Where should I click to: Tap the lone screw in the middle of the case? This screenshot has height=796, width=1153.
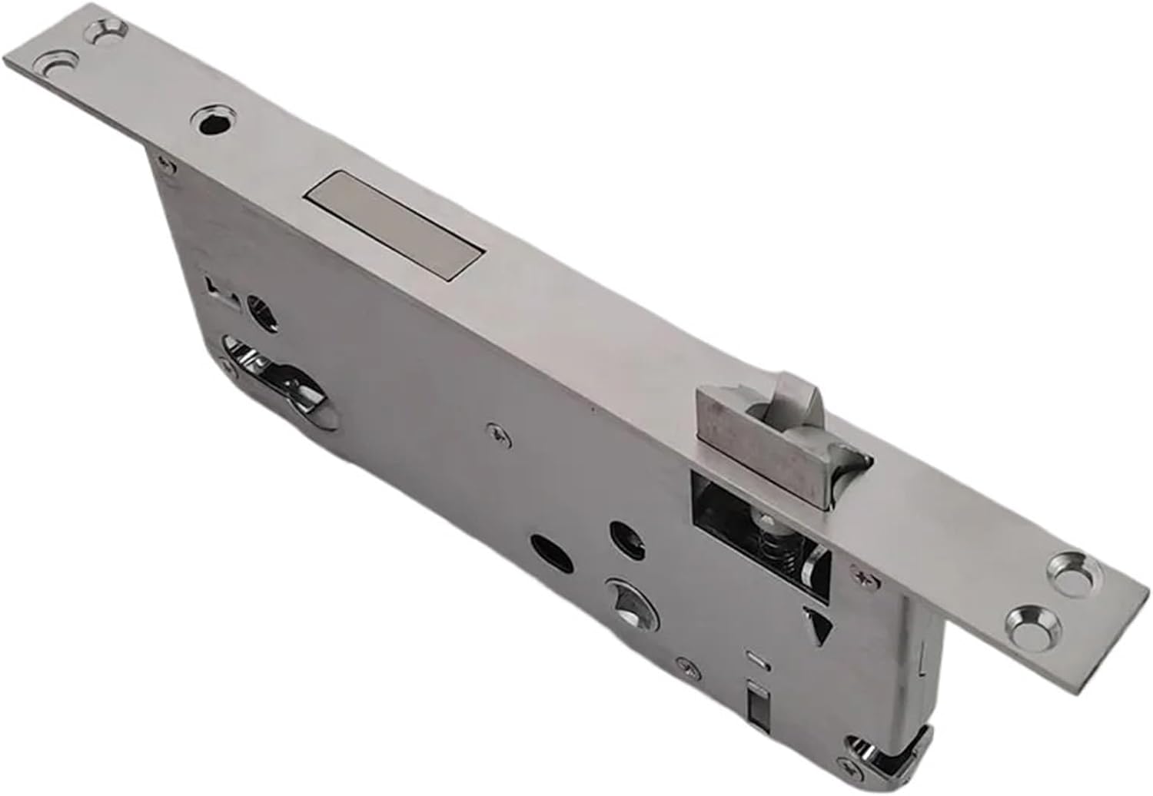point(499,434)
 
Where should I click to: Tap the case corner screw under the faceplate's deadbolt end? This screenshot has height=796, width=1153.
point(161,160)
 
